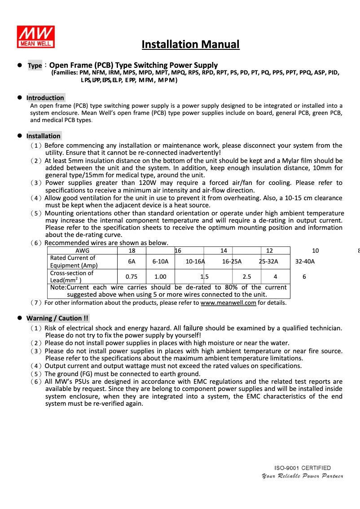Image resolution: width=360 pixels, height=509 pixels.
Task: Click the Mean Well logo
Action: [36, 37]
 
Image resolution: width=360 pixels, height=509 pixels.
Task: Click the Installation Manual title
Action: [190, 44]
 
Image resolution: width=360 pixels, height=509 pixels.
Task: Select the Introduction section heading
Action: [45, 98]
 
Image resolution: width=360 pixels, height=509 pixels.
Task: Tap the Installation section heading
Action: [43, 136]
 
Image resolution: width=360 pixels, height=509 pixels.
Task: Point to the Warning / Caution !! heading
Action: [57, 318]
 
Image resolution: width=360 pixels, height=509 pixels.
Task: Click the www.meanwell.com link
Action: [228, 303]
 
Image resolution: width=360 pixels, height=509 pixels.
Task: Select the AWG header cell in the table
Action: [82, 250]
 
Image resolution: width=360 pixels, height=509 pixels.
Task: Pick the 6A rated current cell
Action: [132, 262]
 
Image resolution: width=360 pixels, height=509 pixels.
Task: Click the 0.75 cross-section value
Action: [132, 277]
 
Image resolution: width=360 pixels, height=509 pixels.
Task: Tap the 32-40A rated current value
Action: [305, 262]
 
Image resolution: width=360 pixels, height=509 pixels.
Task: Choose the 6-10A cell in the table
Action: [160, 262]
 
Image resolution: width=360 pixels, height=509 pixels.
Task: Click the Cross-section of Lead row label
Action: [71, 276]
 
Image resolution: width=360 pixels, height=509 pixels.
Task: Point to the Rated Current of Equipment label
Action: [74, 262]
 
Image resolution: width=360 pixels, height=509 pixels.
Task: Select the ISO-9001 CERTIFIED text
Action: [303, 468]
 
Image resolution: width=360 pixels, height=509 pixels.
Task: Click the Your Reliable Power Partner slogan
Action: [303, 476]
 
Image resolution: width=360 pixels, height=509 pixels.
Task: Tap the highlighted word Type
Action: [35, 66]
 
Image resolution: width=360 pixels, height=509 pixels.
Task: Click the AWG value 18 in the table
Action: [132, 250]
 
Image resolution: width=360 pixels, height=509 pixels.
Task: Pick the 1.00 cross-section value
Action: [160, 277]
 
